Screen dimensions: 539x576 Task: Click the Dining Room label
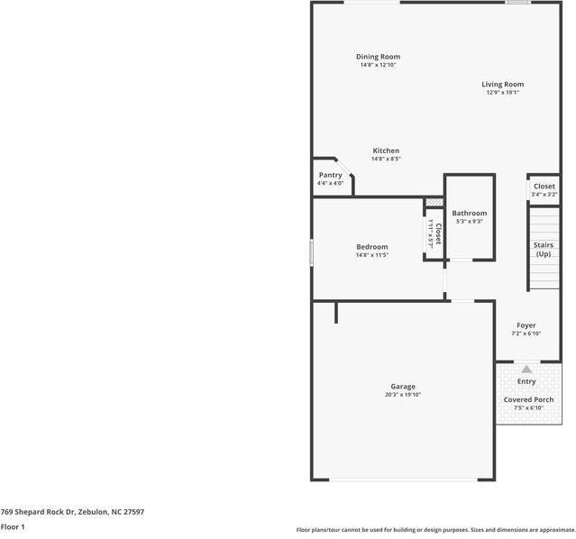[378, 57]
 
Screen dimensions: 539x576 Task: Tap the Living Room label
[503, 84]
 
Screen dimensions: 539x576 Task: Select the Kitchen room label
[386, 151]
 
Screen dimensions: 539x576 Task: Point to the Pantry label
[330, 175]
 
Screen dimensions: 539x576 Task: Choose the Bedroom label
[371, 247]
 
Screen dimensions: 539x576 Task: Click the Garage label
[403, 387]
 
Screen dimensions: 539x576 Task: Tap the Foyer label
[526, 325]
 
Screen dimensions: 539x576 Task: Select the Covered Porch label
[528, 399]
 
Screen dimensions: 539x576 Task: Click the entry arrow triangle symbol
[526, 369]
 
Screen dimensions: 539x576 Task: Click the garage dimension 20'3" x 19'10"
[403, 395]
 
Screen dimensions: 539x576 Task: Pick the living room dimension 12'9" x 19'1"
[503, 92]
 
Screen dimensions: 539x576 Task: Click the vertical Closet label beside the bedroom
[437, 234]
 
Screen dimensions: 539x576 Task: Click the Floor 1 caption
[13, 526]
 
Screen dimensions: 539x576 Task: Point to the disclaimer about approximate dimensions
[435, 530]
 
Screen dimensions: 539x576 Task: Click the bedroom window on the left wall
[312, 251]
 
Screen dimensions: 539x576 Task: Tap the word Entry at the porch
[526, 381]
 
